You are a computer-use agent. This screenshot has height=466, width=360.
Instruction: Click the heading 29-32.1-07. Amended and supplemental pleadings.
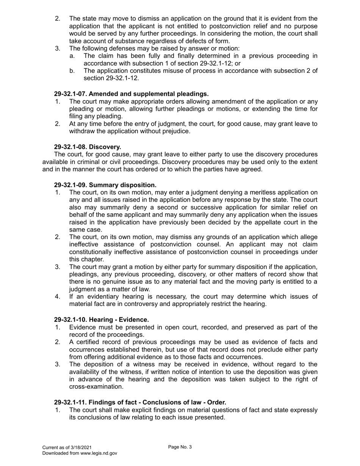coord(131,94)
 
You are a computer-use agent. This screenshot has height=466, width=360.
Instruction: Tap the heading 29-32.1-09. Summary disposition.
coord(105,185)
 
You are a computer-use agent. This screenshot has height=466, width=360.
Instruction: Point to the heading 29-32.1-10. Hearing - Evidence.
coord(101,320)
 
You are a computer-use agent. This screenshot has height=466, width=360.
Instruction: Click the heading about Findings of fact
coord(140,402)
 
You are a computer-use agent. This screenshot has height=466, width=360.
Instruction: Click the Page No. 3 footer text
coord(180,447)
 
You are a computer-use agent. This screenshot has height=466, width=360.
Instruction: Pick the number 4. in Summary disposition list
coord(58,297)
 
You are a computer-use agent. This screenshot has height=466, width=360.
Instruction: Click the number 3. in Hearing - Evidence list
coord(58,364)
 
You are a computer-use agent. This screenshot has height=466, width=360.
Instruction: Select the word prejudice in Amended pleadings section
coord(176,131)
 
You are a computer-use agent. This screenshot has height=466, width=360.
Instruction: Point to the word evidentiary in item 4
coord(102,297)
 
